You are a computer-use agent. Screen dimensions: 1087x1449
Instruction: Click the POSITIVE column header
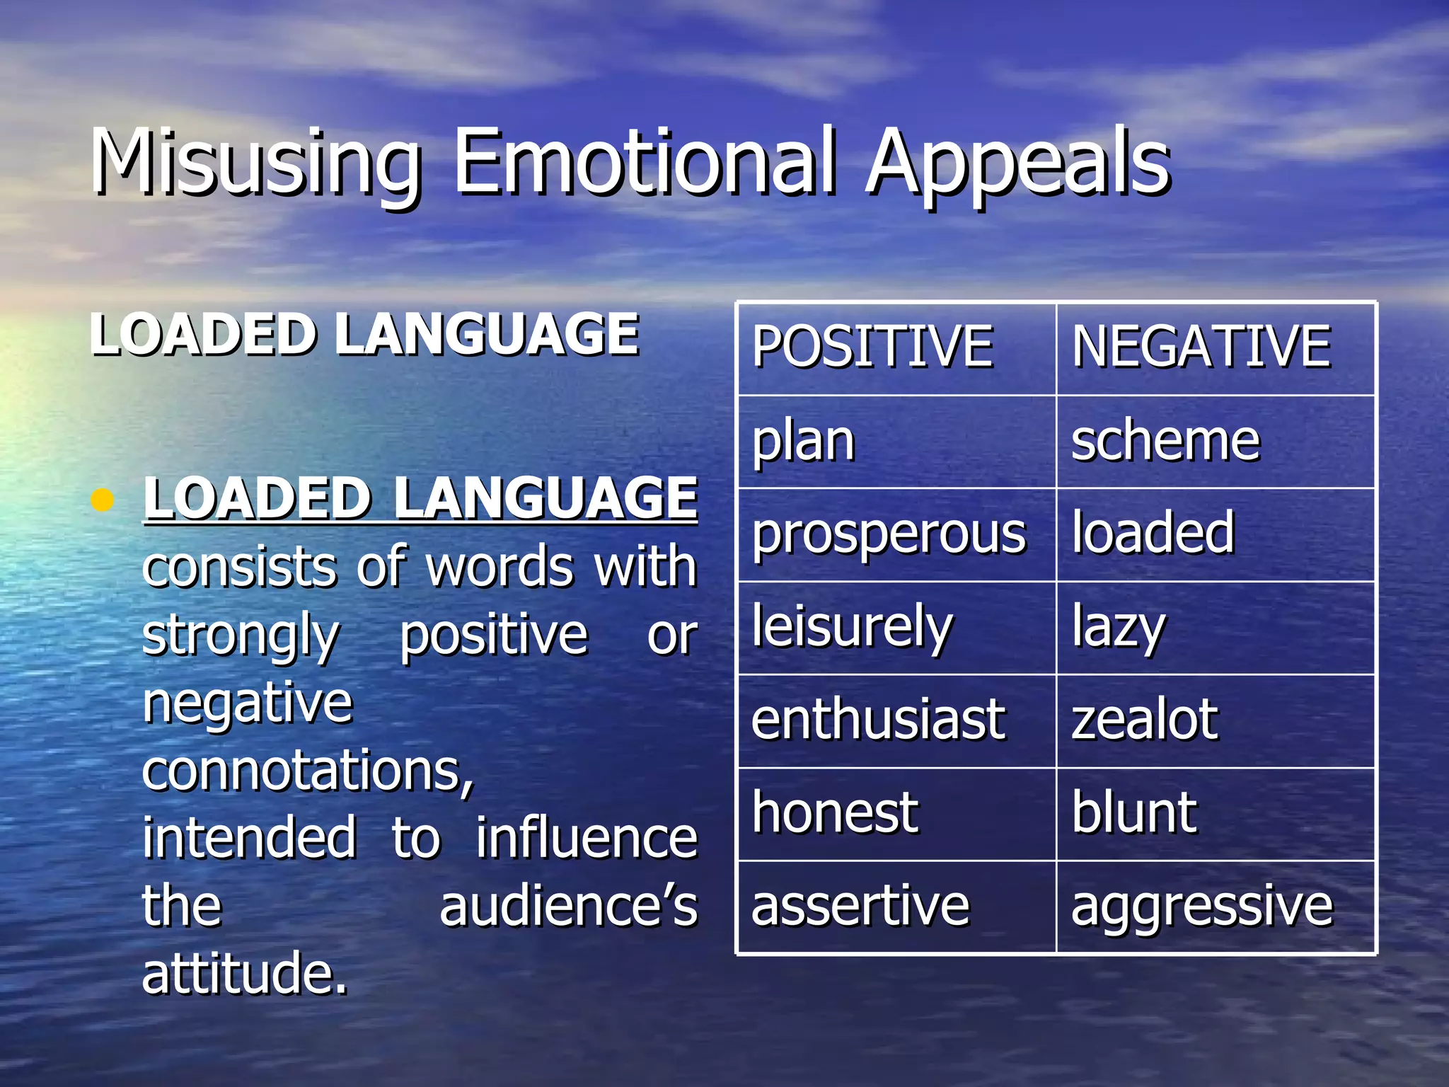point(872,347)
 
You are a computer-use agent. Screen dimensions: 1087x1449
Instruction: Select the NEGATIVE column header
point(1201,347)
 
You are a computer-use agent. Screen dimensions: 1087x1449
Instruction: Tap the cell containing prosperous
point(889,534)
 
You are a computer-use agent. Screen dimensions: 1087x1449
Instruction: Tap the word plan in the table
point(804,441)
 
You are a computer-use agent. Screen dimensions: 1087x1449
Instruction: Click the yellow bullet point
point(103,500)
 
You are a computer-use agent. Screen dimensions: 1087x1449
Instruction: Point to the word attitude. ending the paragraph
point(245,973)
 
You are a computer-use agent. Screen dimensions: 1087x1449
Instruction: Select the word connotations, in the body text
point(308,770)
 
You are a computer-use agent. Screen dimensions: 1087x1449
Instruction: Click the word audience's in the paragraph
point(568,906)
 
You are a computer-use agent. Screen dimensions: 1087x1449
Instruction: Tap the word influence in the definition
point(586,838)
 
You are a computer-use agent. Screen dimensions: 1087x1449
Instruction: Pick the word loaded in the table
point(1153,532)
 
